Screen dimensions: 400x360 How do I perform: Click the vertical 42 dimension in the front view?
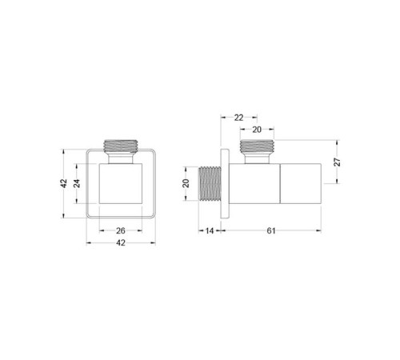click(x=64, y=183)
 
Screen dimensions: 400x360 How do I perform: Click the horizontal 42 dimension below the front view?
click(x=121, y=242)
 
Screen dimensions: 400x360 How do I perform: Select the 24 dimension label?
click(x=77, y=183)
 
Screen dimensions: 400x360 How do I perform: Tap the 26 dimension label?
click(x=121, y=230)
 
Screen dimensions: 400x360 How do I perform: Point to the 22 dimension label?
click(x=238, y=118)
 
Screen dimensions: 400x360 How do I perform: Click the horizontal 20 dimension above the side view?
click(x=257, y=130)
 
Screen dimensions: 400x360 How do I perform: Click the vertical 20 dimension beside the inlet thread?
click(x=186, y=183)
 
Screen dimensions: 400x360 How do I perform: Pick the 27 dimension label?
click(x=338, y=162)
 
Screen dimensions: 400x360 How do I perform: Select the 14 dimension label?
click(x=210, y=230)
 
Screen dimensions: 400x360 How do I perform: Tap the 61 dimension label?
click(x=271, y=230)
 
